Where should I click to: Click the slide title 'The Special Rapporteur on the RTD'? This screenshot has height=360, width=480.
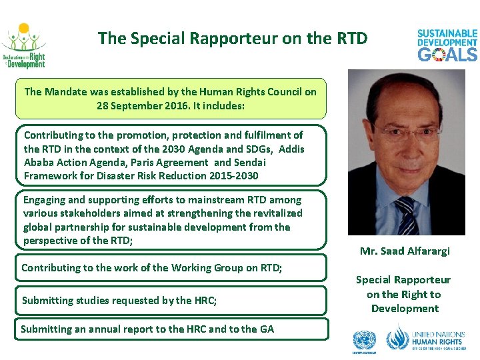pos(232,39)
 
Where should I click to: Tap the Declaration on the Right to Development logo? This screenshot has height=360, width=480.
pos(23,47)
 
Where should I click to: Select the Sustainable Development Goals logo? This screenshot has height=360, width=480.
pos(447,45)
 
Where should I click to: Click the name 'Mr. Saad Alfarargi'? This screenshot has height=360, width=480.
pos(405,251)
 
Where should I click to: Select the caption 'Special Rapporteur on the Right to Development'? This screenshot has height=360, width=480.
pos(404,294)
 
